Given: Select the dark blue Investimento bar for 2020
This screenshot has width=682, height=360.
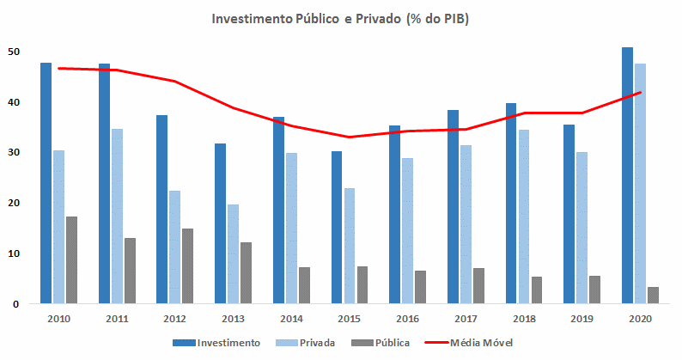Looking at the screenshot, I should [x=627, y=175].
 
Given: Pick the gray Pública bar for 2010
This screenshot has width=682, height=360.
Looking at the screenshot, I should [x=71, y=259].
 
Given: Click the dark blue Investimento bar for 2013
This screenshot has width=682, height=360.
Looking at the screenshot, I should [x=220, y=223].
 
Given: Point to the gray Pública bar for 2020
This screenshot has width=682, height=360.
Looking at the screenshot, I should [x=653, y=295].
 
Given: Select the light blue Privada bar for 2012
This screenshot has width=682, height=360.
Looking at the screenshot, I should [x=174, y=247].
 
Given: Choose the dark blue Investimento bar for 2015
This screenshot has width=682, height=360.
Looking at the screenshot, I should [x=337, y=227].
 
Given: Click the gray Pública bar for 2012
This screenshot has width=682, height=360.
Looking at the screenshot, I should [x=187, y=265].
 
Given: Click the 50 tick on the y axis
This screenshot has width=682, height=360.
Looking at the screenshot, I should [x=13, y=52].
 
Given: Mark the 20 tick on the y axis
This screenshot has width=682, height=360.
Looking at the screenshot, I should [x=13, y=203].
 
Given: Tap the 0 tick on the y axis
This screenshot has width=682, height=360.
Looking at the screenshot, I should [x=15, y=303].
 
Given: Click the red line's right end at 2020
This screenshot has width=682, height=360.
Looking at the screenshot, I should [x=640, y=93].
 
